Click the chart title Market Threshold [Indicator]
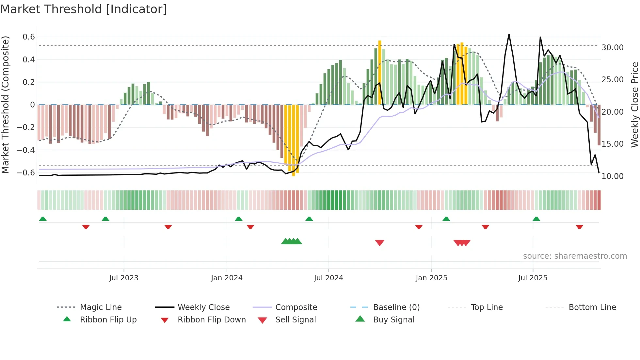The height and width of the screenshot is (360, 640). click(84, 9)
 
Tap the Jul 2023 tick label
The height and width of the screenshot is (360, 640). click(124, 278)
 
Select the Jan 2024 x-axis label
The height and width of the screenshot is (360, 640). click(227, 278)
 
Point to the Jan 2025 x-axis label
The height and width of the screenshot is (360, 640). click(431, 278)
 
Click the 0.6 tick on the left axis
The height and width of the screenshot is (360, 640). click(29, 37)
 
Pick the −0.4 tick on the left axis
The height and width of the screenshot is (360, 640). click(26, 150)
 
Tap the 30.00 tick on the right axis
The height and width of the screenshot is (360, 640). click(613, 48)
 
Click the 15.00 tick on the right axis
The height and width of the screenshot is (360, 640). click(613, 144)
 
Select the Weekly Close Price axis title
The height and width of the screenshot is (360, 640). click(634, 105)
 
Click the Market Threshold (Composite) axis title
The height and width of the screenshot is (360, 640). click(5, 105)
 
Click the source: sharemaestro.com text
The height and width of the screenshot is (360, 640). click(575, 256)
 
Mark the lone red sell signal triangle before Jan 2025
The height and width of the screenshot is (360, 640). click(380, 243)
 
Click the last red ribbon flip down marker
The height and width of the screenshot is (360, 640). click(580, 227)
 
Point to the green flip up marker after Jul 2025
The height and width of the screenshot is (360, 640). click(536, 219)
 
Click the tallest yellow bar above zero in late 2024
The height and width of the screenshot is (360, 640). click(380, 73)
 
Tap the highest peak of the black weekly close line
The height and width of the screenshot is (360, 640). click(509, 35)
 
